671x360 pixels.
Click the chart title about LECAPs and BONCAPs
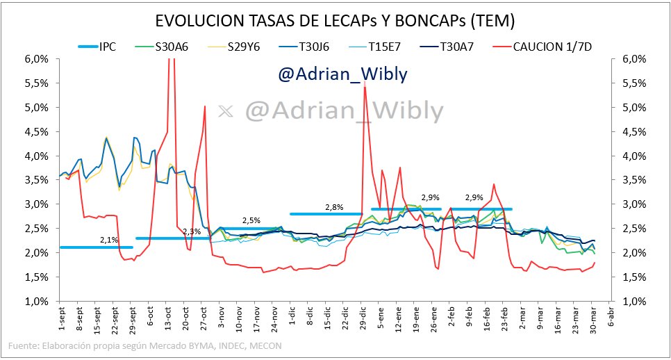pyautogui.click(x=335, y=21)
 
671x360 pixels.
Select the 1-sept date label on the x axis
pyautogui.click(x=62, y=322)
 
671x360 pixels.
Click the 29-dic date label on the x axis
pyautogui.click(x=363, y=322)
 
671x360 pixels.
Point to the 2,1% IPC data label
pyautogui.click(x=109, y=240)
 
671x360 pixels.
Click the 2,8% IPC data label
pyautogui.click(x=334, y=207)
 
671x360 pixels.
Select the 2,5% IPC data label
pyautogui.click(x=251, y=220)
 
